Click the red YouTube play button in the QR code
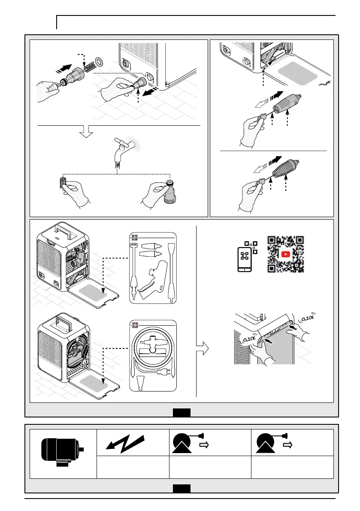tap(286, 254)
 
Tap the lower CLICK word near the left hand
tap(249, 339)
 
